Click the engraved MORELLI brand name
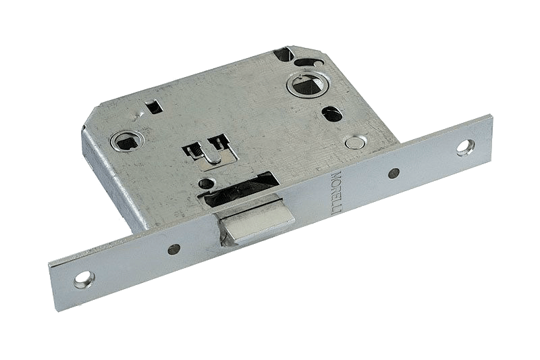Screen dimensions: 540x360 click(x=335, y=192)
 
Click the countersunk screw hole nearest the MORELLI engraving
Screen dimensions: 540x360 click(x=465, y=145)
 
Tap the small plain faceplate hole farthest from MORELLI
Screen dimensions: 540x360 click(x=174, y=249)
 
